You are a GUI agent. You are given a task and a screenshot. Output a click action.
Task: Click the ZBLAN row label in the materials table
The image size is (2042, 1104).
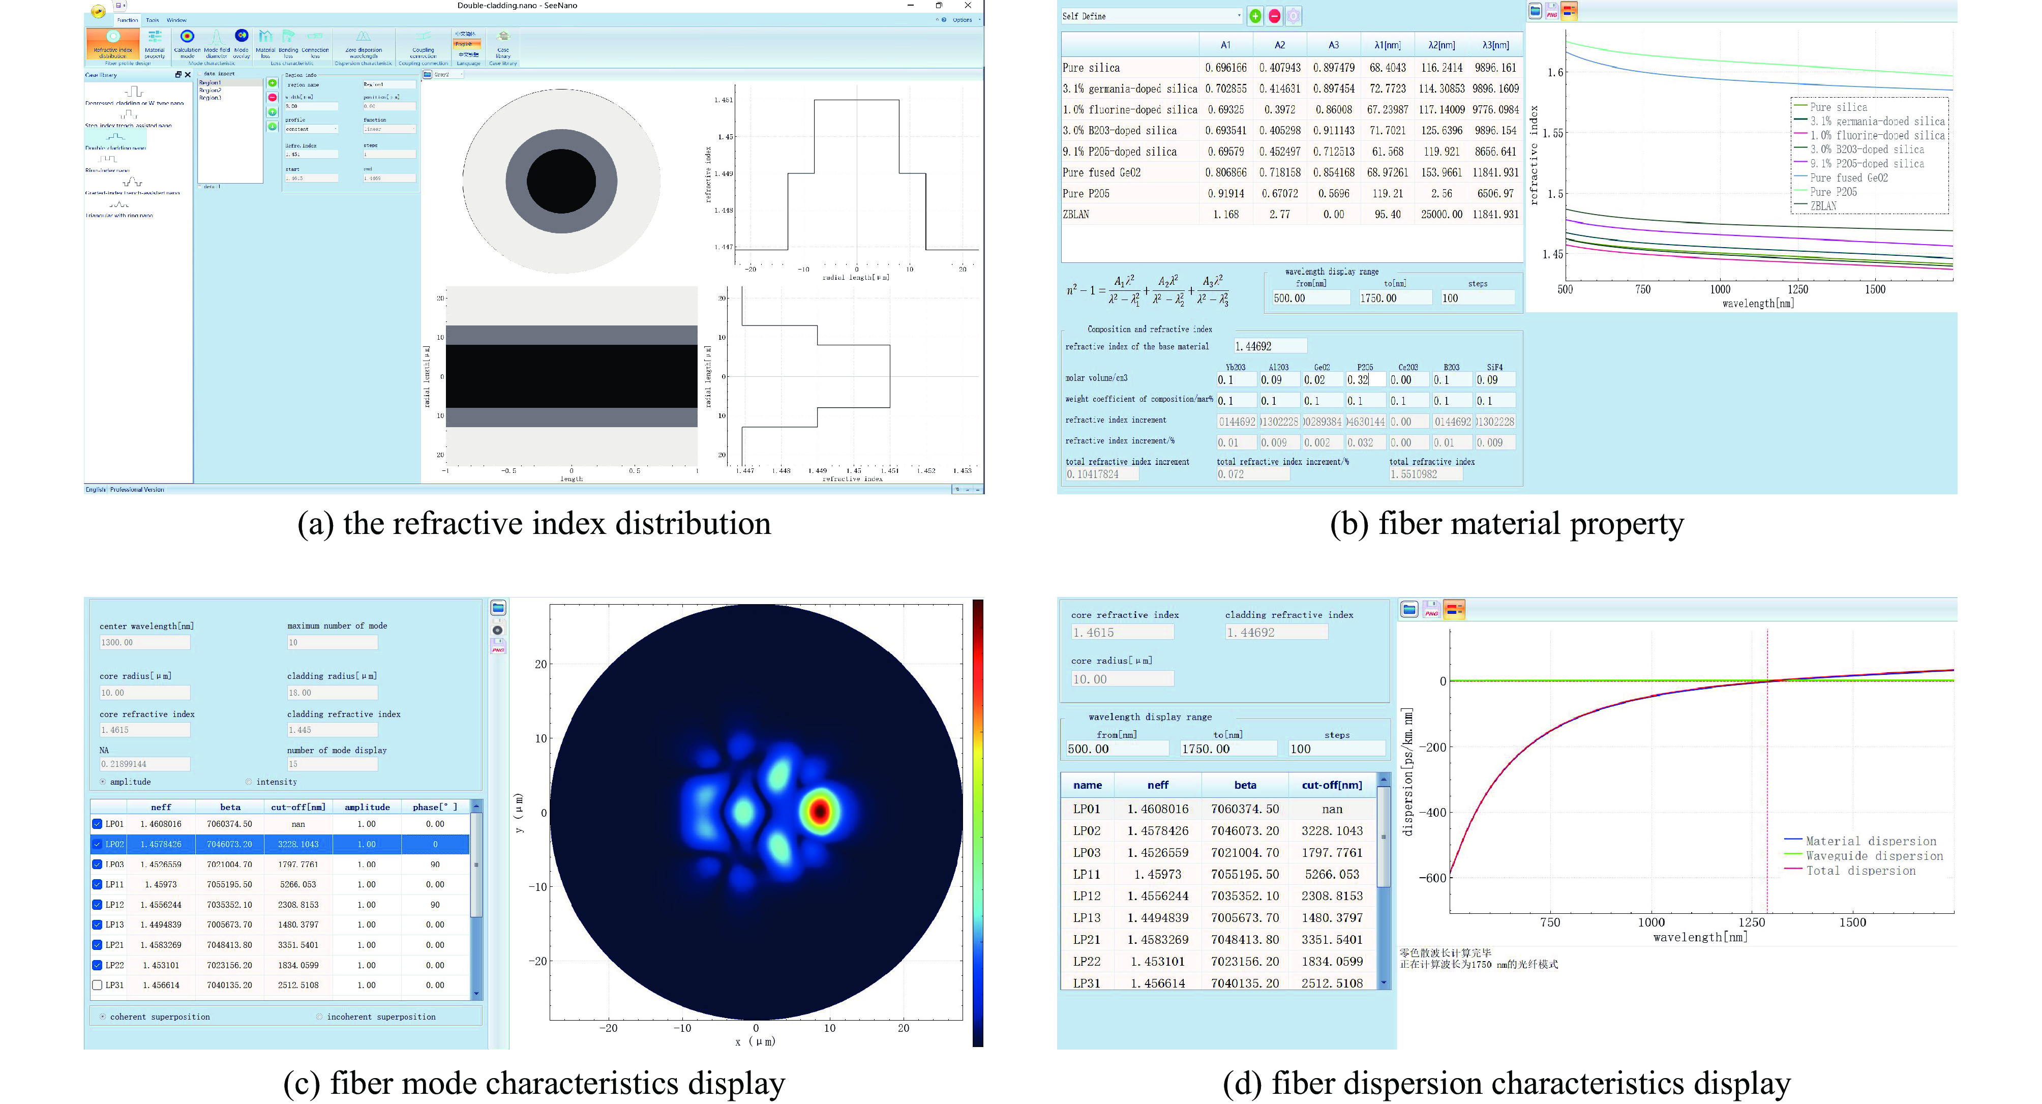[x=1076, y=215]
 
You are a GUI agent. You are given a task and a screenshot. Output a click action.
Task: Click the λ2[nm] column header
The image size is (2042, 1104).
[x=1441, y=45]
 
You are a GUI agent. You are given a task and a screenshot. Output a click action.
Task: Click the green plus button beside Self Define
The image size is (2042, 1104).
[x=1255, y=16]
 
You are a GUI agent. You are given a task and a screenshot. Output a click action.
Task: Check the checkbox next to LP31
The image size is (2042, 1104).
[x=97, y=985]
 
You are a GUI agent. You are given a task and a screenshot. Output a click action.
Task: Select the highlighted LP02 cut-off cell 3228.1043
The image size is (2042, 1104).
[x=298, y=844]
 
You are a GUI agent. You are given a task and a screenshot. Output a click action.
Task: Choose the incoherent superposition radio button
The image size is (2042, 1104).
[x=319, y=1017]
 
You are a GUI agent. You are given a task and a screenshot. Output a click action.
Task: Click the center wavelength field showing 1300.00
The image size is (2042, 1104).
[x=144, y=643]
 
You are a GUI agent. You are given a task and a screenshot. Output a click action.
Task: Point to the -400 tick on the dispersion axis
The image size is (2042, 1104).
[x=1432, y=812]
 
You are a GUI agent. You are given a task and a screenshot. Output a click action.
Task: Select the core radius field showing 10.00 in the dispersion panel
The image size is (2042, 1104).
[x=1122, y=679]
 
